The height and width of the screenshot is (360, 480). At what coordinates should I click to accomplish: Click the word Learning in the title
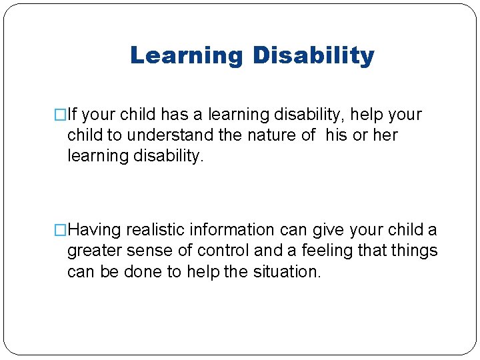point(187,55)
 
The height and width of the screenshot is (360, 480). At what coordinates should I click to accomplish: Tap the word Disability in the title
point(313,55)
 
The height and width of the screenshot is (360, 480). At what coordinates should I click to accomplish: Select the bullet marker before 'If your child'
point(62,115)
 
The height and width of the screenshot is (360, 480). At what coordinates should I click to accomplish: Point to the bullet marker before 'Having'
point(62,231)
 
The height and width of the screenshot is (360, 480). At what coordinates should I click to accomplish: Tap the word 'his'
point(337,135)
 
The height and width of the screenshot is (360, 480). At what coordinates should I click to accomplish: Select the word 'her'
point(385,135)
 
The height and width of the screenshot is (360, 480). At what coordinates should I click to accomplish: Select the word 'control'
point(217,251)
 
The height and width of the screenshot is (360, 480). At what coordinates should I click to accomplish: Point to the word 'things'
point(415,251)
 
